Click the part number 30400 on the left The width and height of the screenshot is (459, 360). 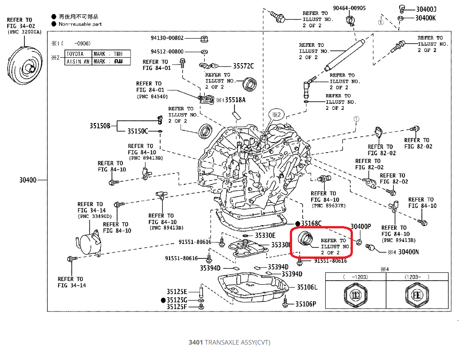pyautogui.click(x=28, y=180)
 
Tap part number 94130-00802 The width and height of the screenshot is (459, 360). pyautogui.click(x=167, y=38)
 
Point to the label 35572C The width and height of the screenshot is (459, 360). pyautogui.click(x=243, y=66)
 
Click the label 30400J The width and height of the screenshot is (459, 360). pyautogui.click(x=426, y=9)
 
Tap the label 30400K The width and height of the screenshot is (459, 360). pyautogui.click(x=426, y=18)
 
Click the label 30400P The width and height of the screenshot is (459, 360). pyautogui.click(x=361, y=227)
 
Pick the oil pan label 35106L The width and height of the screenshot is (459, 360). pyautogui.click(x=307, y=287)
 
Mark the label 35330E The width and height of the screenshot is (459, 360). pyautogui.click(x=265, y=236)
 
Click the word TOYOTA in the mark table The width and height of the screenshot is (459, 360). pyautogui.click(x=75, y=54)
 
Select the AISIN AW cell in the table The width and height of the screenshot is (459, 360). pyautogui.click(x=78, y=61)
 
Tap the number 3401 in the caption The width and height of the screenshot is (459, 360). pyautogui.click(x=196, y=342)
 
